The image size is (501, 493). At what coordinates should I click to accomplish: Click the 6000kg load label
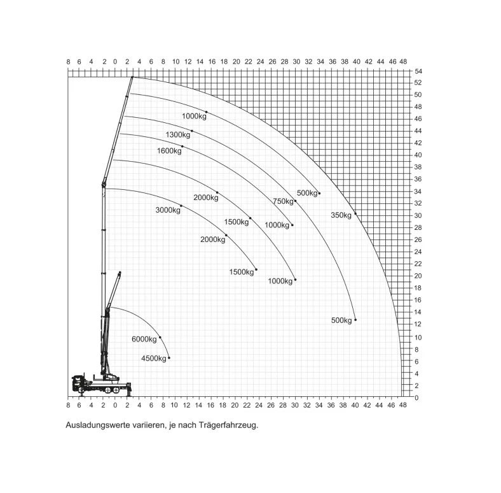pyautogui.click(x=144, y=339)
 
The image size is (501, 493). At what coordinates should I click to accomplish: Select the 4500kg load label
pyautogui.click(x=154, y=359)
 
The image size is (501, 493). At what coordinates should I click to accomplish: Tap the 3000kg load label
pyautogui.click(x=168, y=210)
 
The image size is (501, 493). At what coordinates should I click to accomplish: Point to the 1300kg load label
pyautogui.click(x=178, y=135)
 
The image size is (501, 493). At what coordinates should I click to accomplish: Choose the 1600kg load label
pyautogui.click(x=169, y=151)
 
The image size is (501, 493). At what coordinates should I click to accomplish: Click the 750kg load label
pyautogui.click(x=283, y=201)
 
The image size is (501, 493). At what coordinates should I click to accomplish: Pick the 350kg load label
pyautogui.click(x=341, y=215)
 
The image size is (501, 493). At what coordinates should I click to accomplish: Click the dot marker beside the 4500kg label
pyautogui.click(x=169, y=358)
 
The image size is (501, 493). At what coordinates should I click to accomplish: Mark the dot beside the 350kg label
pyautogui.click(x=355, y=214)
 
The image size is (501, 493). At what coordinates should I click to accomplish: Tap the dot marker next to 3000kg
pyautogui.click(x=181, y=206)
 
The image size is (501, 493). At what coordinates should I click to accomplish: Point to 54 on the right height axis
pyautogui.click(x=418, y=71)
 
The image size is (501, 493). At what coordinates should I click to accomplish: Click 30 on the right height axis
pyautogui.click(x=418, y=216)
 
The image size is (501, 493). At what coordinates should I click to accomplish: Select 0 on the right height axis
pyautogui.click(x=416, y=398)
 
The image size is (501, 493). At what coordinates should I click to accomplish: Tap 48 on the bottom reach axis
pyautogui.click(x=403, y=405)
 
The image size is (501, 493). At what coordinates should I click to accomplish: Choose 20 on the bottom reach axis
pyautogui.click(x=235, y=406)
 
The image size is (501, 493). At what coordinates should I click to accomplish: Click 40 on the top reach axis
pyautogui.click(x=357, y=62)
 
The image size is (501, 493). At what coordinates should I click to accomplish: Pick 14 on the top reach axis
pyautogui.click(x=200, y=62)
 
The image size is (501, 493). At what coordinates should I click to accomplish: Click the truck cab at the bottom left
pyautogui.click(x=78, y=383)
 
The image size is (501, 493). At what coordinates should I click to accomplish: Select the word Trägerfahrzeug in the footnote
pyautogui.click(x=228, y=425)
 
